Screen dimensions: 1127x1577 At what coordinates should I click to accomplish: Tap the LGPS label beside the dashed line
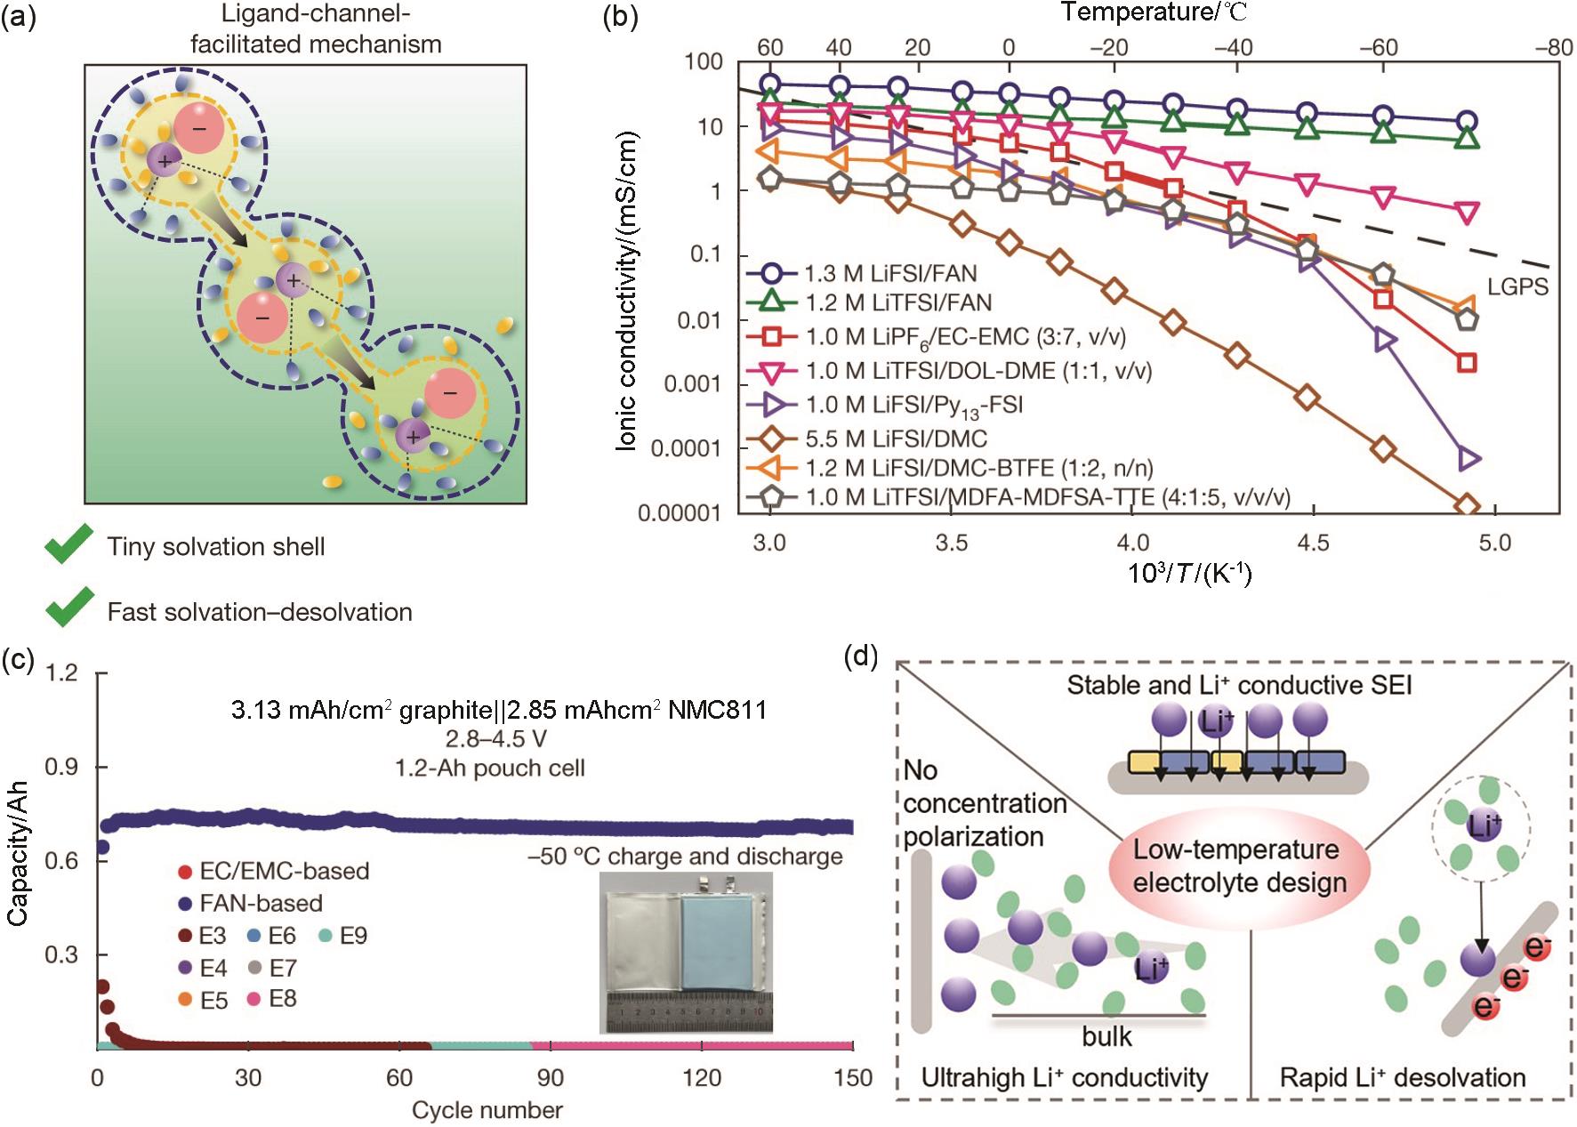[x=1517, y=286]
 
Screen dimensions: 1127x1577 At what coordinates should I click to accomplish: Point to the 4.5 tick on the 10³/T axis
[x=1313, y=543]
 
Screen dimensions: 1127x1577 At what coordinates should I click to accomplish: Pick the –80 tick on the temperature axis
[x=1554, y=47]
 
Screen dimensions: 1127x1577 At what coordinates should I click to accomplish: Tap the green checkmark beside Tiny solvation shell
[x=69, y=543]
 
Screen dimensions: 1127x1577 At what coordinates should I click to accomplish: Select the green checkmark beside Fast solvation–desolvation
[x=69, y=608]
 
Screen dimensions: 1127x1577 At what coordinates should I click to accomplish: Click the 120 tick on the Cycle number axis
[x=702, y=1078]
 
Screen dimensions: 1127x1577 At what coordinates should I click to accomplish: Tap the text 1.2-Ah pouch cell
[x=489, y=768]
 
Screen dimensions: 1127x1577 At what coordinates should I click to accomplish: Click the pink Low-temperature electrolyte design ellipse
[x=1238, y=865]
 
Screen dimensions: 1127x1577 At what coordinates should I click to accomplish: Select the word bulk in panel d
[x=1106, y=1036]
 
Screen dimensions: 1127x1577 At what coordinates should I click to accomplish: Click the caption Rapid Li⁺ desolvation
[x=1402, y=1078]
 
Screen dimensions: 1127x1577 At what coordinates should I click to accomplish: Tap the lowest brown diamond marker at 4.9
[x=1466, y=505]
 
